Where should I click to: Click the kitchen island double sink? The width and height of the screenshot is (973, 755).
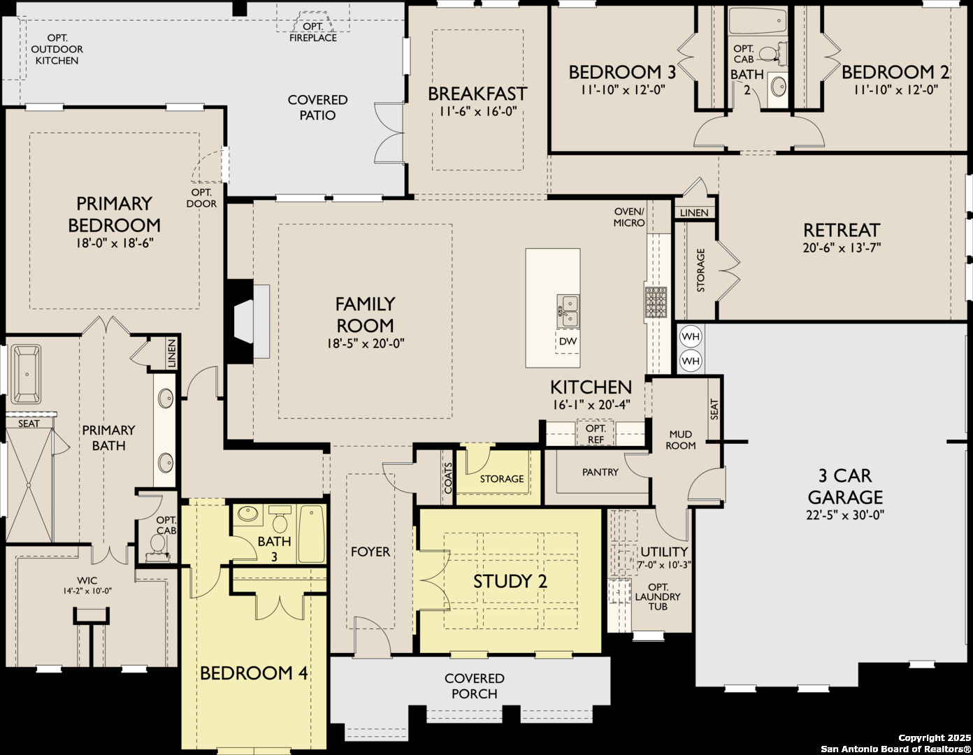click(x=568, y=311)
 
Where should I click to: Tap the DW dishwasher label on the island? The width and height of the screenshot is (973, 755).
click(x=568, y=342)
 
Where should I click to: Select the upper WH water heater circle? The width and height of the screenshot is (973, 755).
click(x=691, y=337)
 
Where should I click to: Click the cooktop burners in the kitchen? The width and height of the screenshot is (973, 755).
click(x=656, y=303)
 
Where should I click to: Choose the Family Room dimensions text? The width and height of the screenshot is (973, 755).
click(x=366, y=344)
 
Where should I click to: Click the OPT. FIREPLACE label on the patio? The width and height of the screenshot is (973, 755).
click(x=313, y=32)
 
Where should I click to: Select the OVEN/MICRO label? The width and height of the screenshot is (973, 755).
click(x=629, y=217)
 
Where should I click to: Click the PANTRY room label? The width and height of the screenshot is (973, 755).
click(x=600, y=472)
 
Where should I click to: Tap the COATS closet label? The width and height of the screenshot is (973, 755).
click(x=448, y=477)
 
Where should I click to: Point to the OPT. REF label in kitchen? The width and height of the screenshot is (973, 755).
click(x=596, y=434)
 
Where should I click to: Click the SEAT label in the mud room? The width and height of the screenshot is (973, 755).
click(x=714, y=409)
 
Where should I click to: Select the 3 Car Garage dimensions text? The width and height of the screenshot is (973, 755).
click(x=845, y=515)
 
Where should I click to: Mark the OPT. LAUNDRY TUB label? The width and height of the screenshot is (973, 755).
click(x=657, y=596)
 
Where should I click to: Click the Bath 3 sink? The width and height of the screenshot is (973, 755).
click(x=247, y=514)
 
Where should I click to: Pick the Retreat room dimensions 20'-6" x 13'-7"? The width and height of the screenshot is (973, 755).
click(x=842, y=247)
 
